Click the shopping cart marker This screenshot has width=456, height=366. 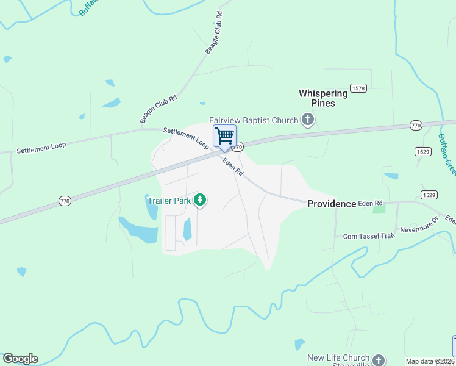click(224, 136)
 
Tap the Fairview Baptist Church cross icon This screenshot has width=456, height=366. click(308, 120)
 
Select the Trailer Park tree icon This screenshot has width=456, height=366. click(200, 199)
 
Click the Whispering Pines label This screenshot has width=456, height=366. click(322, 98)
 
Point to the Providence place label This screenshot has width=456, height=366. click(331, 204)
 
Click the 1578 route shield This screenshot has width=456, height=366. click(358, 88)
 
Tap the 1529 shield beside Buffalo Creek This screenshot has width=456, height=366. click(423, 151)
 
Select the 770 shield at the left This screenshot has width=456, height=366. click(65, 200)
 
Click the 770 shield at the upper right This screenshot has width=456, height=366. click(416, 125)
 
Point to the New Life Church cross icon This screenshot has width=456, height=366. click(379, 360)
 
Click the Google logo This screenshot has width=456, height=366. click(20, 359)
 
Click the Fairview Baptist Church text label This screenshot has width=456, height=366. click(254, 120)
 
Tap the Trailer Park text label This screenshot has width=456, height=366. click(168, 199)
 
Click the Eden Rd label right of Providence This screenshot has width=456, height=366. click(370, 203)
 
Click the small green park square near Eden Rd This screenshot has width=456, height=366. click(379, 209)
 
